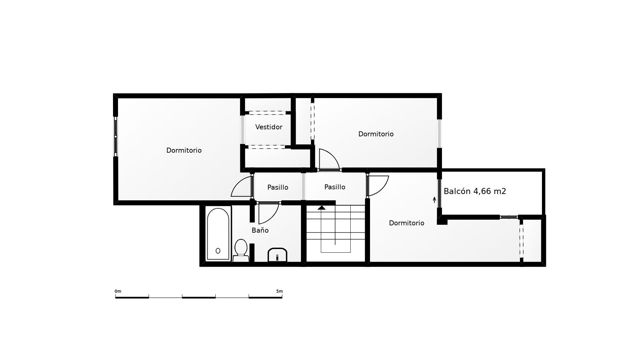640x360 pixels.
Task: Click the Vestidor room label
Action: tap(269, 127)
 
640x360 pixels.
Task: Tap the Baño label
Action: tap(260, 230)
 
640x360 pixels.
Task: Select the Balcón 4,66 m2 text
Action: tap(475, 191)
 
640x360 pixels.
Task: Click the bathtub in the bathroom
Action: tap(218, 234)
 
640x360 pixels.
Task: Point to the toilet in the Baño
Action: tap(241, 250)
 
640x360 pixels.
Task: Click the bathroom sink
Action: tap(277, 255)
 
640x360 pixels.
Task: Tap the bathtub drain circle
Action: tap(218, 251)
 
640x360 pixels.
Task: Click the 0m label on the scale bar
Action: tap(118, 291)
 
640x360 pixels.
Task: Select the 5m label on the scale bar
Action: tap(279, 291)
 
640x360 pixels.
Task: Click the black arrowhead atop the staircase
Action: tap(321, 208)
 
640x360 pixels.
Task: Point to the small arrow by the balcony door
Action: tap(434, 200)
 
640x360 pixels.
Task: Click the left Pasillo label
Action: tap(278, 187)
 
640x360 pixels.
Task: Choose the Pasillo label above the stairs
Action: tap(335, 187)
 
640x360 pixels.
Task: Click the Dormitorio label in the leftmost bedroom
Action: tap(184, 150)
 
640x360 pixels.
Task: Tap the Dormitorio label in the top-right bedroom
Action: tap(376, 134)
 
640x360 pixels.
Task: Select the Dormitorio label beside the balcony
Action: tap(407, 223)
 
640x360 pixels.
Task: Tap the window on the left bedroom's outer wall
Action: tap(116, 136)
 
